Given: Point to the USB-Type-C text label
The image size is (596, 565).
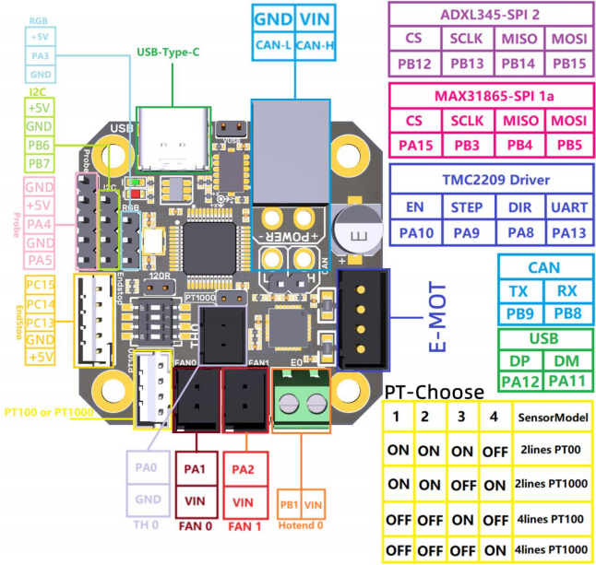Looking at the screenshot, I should point(168,53).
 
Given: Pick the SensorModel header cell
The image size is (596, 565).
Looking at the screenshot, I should point(553,418).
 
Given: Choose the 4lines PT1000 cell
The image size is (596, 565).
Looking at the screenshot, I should point(553,548).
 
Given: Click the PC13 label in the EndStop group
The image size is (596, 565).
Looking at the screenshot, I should point(40,322).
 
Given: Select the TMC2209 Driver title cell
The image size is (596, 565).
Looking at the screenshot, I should point(490,177).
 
